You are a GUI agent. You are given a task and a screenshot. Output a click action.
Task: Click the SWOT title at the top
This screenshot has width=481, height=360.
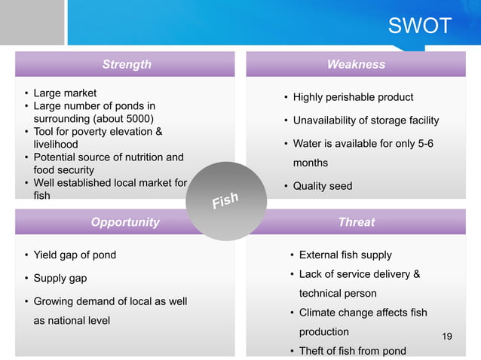point(419,26)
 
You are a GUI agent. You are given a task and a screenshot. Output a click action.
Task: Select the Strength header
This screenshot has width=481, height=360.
point(127,65)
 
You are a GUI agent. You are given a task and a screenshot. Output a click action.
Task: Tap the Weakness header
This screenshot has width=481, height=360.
point(356,65)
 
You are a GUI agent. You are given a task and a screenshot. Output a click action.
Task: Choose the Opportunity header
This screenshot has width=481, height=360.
point(125,222)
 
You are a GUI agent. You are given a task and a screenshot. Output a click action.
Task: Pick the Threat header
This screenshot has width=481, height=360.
point(356,222)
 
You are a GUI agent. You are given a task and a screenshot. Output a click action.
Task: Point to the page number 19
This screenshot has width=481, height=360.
point(447,336)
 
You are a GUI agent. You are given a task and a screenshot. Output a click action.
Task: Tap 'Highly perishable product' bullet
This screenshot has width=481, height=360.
point(353,97)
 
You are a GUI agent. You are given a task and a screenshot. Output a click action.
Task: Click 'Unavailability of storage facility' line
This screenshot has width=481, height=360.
point(366,121)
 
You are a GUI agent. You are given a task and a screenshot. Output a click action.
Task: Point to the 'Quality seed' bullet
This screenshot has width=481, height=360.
point(322,186)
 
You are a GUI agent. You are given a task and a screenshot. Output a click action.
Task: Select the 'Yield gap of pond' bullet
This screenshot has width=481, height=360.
point(75,255)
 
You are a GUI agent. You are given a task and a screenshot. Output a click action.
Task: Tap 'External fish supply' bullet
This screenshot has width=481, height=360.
point(345,255)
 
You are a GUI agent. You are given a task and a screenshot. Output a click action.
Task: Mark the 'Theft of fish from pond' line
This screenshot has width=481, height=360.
point(352,350)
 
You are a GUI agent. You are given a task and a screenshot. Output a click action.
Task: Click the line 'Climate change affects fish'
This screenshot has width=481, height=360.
point(363,312)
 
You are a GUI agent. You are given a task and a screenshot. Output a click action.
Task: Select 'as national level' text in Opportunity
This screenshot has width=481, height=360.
point(72,320)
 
